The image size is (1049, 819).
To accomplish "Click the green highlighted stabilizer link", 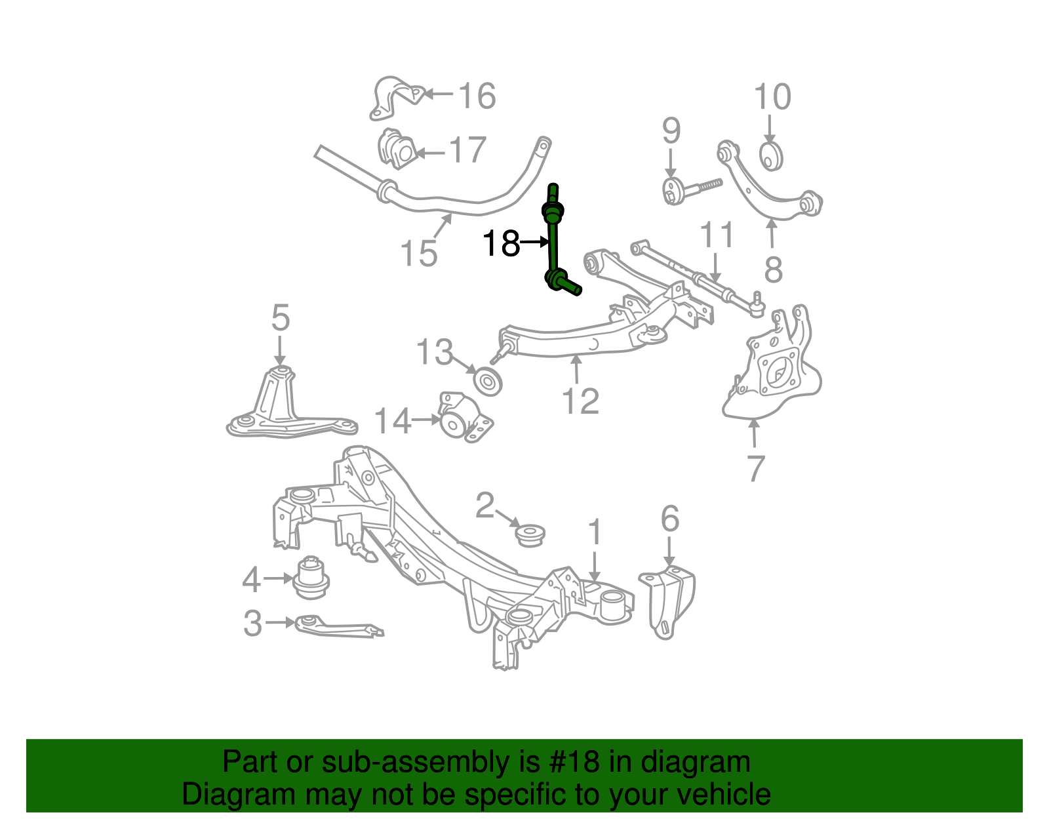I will point(554,243).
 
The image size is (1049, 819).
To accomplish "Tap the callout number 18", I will point(502,244).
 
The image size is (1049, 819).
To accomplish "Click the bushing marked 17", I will point(397,150).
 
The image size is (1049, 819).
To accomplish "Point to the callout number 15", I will point(418,253).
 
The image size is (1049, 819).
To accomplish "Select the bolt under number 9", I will point(688,189).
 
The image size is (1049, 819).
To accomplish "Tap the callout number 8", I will point(774,269).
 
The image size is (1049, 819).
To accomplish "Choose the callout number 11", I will point(717,235).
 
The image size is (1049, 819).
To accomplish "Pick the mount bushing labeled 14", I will point(464,418).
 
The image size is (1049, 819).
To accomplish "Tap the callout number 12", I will point(580,401).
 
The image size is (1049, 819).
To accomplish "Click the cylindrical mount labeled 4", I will point(311,577).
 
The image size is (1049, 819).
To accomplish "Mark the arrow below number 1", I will point(594,566).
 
